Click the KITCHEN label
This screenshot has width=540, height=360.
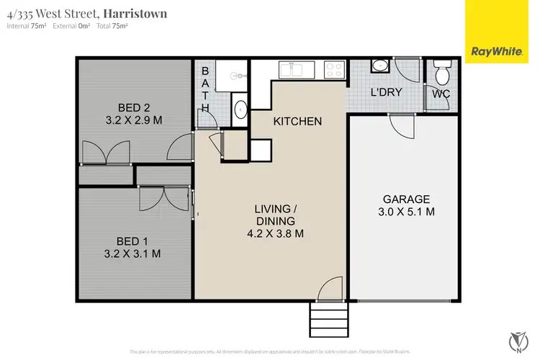coord(297,121)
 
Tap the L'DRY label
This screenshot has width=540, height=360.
coord(385,92)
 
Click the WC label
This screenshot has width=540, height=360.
coord(441,94)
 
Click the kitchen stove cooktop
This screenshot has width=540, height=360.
coord(333,70)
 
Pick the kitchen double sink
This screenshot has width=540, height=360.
coord(295,70)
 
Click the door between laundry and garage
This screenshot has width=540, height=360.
coord(402,125)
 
